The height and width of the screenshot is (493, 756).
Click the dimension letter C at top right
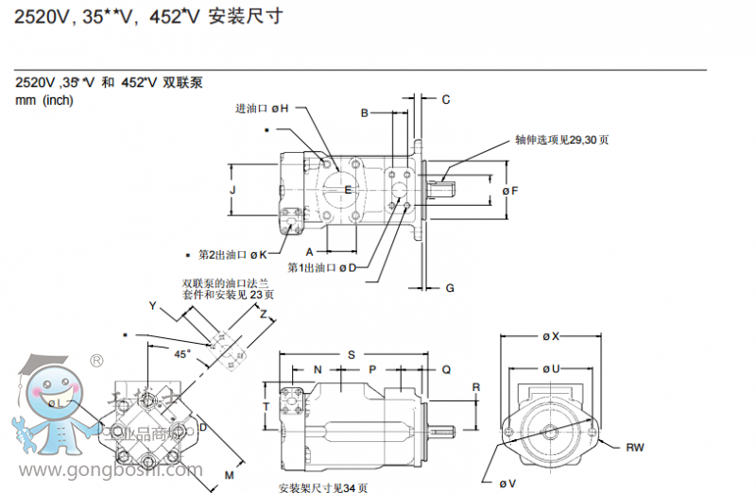click(446, 99)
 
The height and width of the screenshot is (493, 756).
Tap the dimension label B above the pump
click(364, 113)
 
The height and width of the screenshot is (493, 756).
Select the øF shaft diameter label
click(510, 191)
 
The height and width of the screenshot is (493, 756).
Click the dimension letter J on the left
click(232, 190)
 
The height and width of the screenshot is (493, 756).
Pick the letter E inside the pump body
click(347, 190)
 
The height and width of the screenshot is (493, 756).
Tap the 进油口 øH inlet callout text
click(262, 109)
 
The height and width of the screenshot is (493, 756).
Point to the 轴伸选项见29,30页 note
click(561, 140)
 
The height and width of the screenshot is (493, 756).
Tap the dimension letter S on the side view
click(351, 354)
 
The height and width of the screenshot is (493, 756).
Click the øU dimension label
click(551, 368)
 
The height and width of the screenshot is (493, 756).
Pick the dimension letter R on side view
click(476, 387)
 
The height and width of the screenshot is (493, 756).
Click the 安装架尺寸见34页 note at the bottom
click(323, 487)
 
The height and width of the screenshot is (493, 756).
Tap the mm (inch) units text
click(44, 101)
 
